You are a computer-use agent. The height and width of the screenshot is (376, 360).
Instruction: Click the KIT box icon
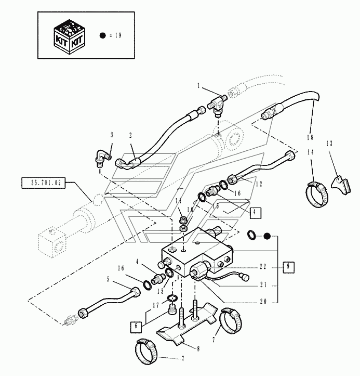(69, 37)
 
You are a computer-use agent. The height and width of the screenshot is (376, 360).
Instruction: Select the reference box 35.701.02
(43, 183)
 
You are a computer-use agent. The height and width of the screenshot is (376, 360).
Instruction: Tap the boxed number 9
(288, 267)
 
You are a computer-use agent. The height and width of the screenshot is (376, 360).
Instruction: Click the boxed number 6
(136, 327)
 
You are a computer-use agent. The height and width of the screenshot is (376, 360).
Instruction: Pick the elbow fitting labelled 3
(103, 158)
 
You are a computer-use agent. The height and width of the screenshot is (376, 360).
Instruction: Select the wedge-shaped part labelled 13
(341, 185)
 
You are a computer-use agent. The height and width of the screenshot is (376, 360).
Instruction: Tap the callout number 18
(310, 137)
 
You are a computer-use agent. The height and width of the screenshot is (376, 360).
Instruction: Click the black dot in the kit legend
(102, 35)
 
